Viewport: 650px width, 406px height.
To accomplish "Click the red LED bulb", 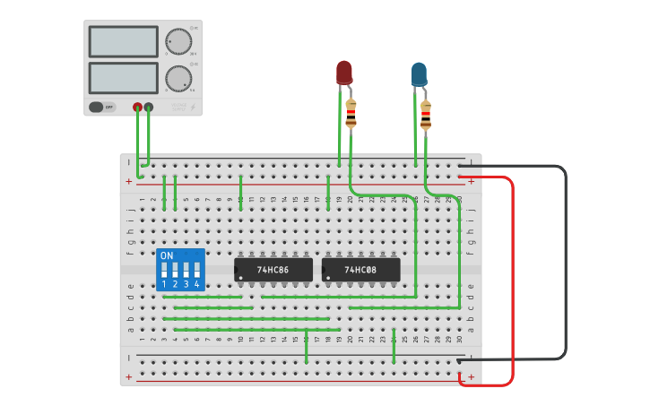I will point(344,72).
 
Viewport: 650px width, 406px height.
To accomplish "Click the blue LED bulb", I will point(419,74).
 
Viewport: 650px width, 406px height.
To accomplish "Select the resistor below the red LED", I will point(351,113).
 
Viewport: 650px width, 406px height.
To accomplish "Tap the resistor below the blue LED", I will point(425,115).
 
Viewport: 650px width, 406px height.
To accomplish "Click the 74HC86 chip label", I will point(273,269).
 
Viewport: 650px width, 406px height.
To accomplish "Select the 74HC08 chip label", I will point(360,269).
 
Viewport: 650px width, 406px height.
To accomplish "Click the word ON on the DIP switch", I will point(167,255).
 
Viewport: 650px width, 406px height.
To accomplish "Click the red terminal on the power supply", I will point(137,108).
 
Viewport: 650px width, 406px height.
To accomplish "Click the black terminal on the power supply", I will point(149,108).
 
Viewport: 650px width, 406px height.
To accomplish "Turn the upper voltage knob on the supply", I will point(178,41).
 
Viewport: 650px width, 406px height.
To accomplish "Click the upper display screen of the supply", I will point(124,41).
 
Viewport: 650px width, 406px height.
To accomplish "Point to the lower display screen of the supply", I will point(124,78).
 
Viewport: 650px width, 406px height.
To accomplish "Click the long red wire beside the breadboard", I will point(513,278).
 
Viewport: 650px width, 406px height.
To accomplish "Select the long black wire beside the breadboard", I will point(566,260).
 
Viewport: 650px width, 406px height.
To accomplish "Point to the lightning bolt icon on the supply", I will point(195,107).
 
